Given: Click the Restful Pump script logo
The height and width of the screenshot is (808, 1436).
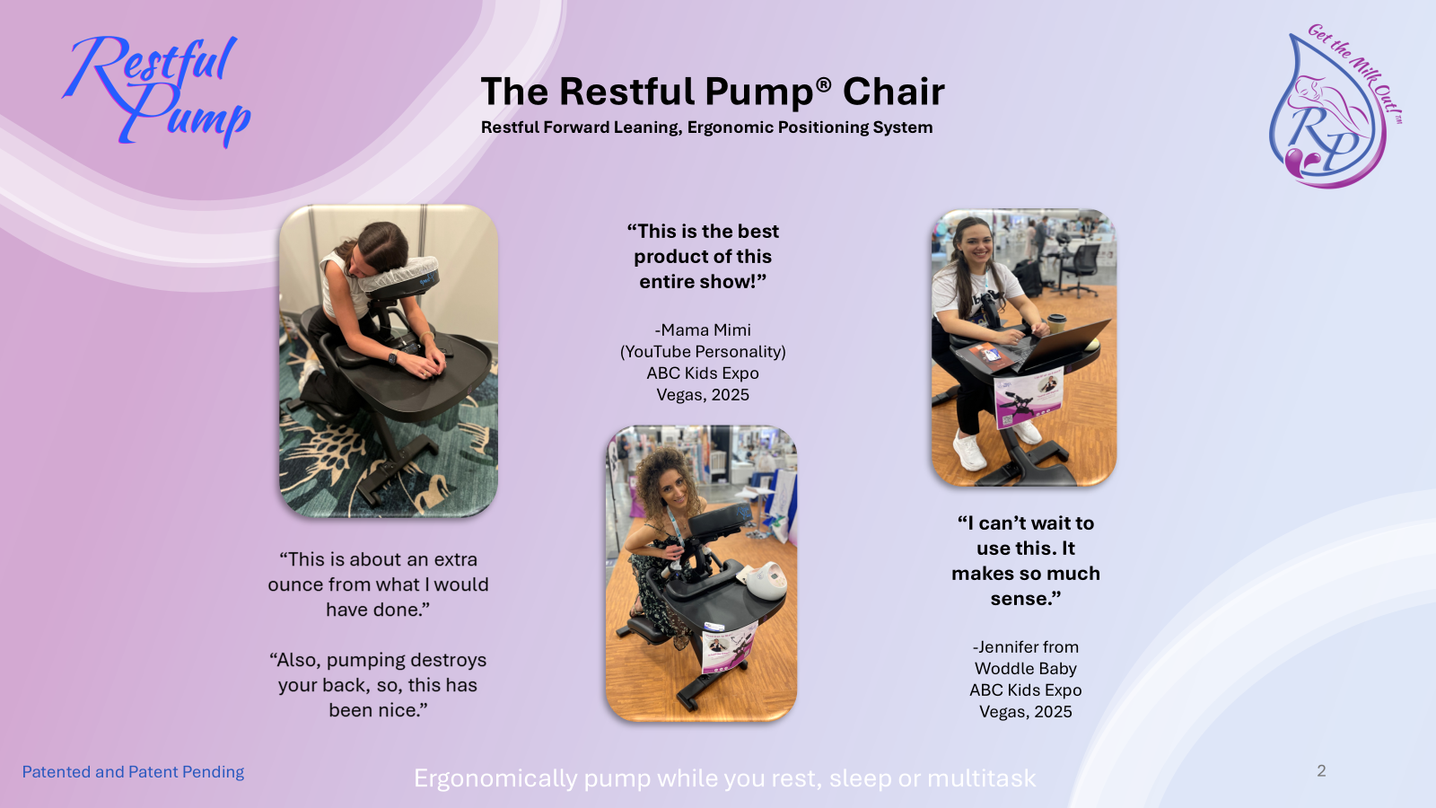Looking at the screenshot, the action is click(156, 90).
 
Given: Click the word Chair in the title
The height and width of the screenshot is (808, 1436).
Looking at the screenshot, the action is click(893, 92).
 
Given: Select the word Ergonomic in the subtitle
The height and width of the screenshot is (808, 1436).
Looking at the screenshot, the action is click(731, 127).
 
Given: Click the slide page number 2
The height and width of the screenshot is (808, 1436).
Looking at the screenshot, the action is click(1321, 771).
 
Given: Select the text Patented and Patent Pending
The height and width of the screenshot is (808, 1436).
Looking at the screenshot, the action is click(134, 772).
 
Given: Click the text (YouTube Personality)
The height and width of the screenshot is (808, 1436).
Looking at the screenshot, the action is click(703, 352).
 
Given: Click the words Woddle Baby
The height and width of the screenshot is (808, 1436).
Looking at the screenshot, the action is click(1026, 669).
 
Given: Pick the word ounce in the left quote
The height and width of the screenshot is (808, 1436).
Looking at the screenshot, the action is click(295, 584).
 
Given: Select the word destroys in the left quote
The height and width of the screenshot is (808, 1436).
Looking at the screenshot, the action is click(448, 661).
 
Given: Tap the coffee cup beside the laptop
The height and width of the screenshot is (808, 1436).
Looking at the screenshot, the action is click(1056, 323).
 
